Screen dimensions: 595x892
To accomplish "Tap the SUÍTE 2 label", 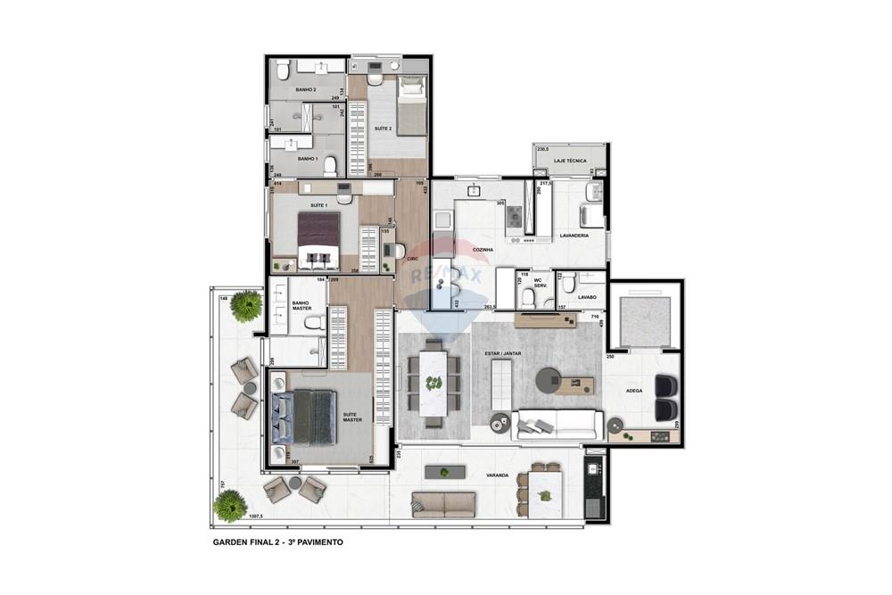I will pyautogui.click(x=383, y=128).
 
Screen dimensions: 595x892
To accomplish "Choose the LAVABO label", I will pyautogui.click(x=586, y=296).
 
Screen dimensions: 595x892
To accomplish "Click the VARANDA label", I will pyautogui.click(x=497, y=475).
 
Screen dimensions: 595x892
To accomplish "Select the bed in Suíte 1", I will pyautogui.click(x=318, y=240).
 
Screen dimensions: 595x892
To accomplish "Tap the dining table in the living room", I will pyautogui.click(x=434, y=383).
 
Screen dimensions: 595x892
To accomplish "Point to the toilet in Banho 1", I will pyautogui.click(x=330, y=164).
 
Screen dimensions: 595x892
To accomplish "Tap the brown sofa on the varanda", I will pyautogui.click(x=443, y=505).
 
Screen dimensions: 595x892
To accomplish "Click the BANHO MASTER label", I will pyautogui.click(x=301, y=308).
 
